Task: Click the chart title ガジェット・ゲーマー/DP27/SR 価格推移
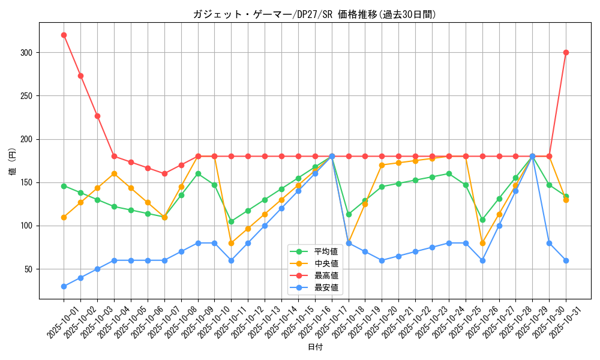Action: tap(314, 14)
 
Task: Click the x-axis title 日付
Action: tap(315, 347)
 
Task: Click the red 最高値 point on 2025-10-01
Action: tap(64, 35)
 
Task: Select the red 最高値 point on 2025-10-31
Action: tap(566, 52)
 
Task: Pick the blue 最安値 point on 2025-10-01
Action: tap(64, 286)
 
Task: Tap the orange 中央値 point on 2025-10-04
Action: tap(114, 173)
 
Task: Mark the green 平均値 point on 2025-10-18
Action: tap(349, 214)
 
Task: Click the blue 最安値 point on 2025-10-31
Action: tap(566, 260)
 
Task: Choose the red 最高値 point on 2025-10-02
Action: tap(80, 76)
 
